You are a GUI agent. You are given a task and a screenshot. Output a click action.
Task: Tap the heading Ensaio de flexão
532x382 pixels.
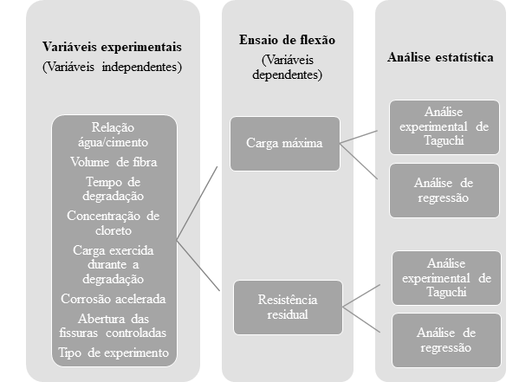pos(288,41)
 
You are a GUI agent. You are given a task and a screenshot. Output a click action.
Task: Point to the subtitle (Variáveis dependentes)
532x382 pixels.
pos(288,68)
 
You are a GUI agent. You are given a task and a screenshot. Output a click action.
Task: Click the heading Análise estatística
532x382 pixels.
pos(440,58)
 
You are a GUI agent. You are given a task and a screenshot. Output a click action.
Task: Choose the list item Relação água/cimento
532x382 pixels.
pos(114,135)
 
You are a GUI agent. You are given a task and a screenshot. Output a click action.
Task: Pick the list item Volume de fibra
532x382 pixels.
pos(114,161)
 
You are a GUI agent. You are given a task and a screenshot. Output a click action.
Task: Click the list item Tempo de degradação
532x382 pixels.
pos(114,188)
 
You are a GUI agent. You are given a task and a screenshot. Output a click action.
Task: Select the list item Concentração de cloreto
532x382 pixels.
pos(114,222)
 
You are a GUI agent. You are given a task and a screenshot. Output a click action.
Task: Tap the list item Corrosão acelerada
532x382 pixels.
pos(114,299)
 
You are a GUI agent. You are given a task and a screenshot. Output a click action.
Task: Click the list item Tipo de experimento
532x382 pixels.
pos(114,353)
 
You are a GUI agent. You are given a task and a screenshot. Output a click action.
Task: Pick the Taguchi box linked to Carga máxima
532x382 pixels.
pos(444,126)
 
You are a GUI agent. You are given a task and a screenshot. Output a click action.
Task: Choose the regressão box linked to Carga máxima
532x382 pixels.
pos(443,191)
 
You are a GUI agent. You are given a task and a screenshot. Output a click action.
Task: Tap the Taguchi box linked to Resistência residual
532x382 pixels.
pos(446,278)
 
